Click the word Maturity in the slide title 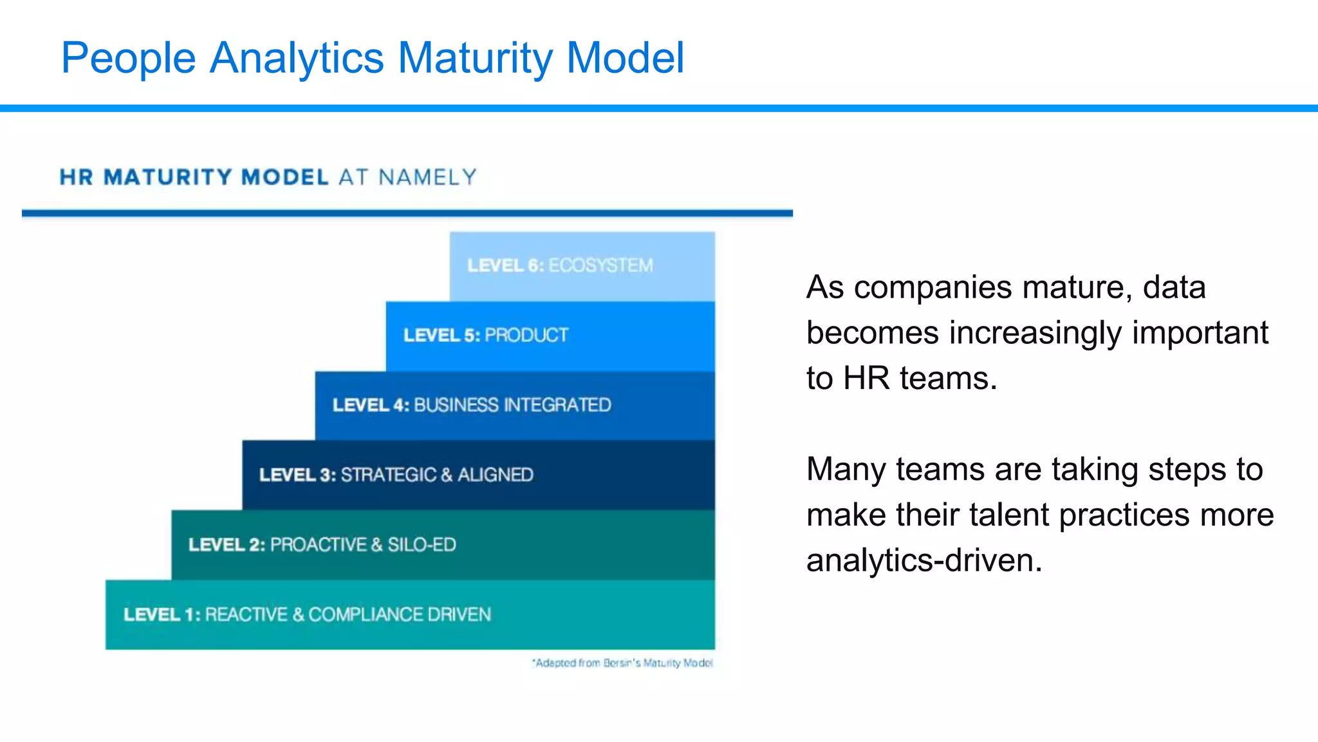pyautogui.click(x=475, y=58)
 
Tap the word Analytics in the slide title pyautogui.click(x=297, y=58)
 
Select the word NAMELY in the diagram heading pyautogui.click(x=427, y=177)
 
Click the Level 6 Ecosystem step pyautogui.click(x=582, y=266)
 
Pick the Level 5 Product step pyautogui.click(x=550, y=336)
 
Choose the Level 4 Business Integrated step pyautogui.click(x=515, y=405)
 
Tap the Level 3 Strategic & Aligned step pyautogui.click(x=478, y=475)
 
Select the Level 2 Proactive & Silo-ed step pyautogui.click(x=443, y=545)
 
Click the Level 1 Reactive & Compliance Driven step pyautogui.click(x=410, y=614)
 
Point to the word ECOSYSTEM pyautogui.click(x=600, y=266)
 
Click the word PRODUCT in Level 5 pyautogui.click(x=526, y=336)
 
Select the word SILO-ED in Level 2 pyautogui.click(x=422, y=545)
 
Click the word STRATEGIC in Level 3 pyautogui.click(x=389, y=475)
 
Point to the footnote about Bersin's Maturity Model pyautogui.click(x=622, y=663)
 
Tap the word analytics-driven pyautogui.click(x=924, y=560)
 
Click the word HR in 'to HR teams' pyautogui.click(x=866, y=378)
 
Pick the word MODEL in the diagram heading pyautogui.click(x=285, y=177)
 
